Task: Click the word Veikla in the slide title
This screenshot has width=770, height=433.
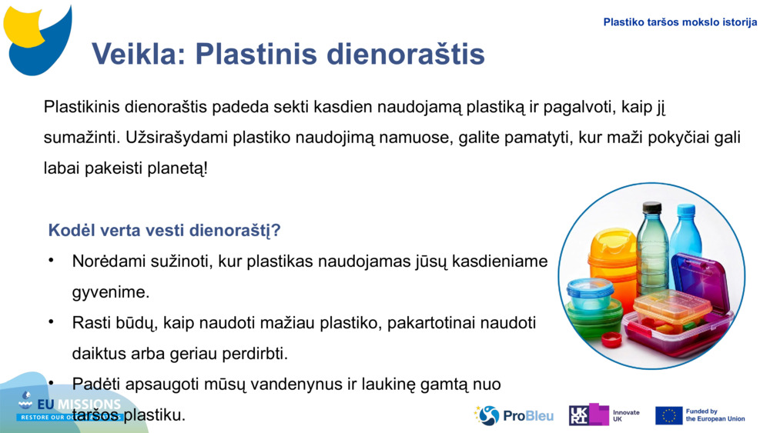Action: click(x=139, y=54)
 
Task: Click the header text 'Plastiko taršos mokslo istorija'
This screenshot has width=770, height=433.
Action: click(x=680, y=22)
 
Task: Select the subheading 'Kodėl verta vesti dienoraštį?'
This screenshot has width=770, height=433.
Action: click(x=164, y=230)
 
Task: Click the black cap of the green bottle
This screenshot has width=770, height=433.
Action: click(x=652, y=207)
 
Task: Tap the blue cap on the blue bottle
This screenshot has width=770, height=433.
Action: click(x=684, y=209)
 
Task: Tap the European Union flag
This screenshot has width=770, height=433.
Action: click(x=668, y=415)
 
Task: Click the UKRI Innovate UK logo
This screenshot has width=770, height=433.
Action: click(x=604, y=415)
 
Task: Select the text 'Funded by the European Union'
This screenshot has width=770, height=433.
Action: click(x=715, y=415)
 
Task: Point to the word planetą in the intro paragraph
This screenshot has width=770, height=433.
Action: click(x=176, y=168)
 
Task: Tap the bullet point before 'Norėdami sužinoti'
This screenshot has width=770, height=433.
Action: click(x=51, y=261)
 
